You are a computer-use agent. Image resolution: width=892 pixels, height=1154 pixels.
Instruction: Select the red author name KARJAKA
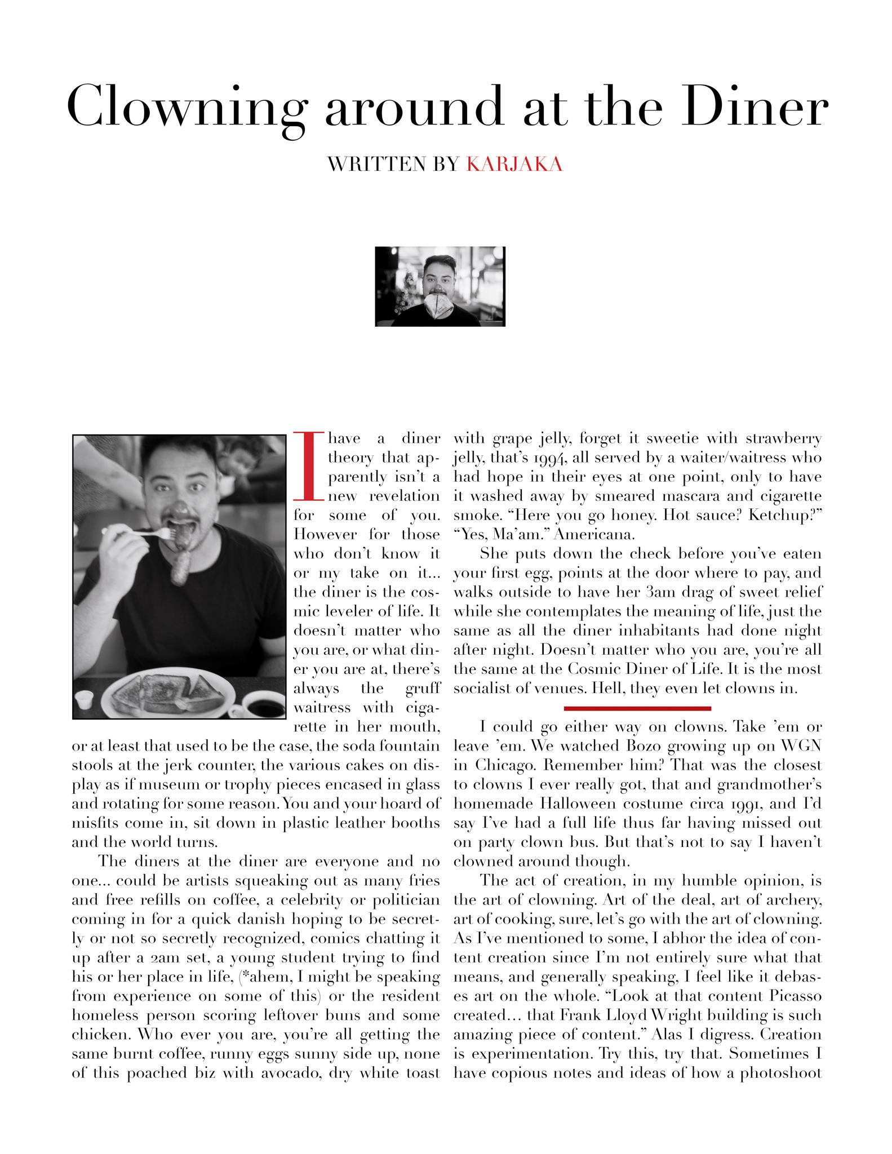(514, 164)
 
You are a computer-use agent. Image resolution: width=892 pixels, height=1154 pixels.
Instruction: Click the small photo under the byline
(440, 286)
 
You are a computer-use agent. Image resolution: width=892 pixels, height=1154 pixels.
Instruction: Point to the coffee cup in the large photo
(261, 704)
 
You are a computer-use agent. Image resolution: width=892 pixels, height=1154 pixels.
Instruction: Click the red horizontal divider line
(637, 708)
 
